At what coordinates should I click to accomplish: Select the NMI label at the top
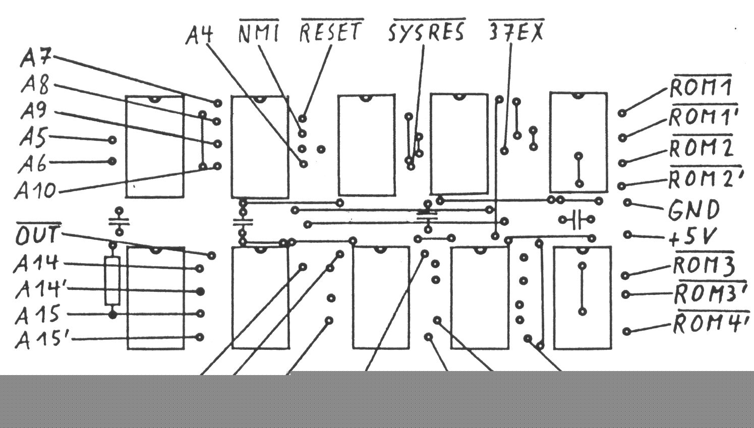pyautogui.click(x=258, y=33)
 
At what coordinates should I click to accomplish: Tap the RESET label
pyautogui.click(x=331, y=32)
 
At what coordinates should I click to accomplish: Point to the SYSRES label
pyautogui.click(x=426, y=32)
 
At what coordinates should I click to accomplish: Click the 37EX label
pyautogui.click(x=516, y=32)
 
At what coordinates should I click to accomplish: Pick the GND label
pyautogui.click(x=694, y=210)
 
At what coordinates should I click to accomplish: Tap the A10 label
pyautogui.click(x=35, y=191)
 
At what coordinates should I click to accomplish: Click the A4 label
pyautogui.click(x=199, y=34)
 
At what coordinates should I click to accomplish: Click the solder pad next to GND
pyautogui.click(x=627, y=203)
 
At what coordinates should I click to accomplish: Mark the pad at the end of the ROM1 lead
pyautogui.click(x=622, y=113)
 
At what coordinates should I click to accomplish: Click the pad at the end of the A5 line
pyautogui.click(x=112, y=140)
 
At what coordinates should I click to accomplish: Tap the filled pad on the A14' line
pyautogui.click(x=200, y=291)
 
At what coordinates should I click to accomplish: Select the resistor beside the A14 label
pyautogui.click(x=112, y=280)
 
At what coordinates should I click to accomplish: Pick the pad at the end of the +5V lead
pyautogui.click(x=627, y=234)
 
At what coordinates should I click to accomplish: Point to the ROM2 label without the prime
pyautogui.click(x=701, y=148)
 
